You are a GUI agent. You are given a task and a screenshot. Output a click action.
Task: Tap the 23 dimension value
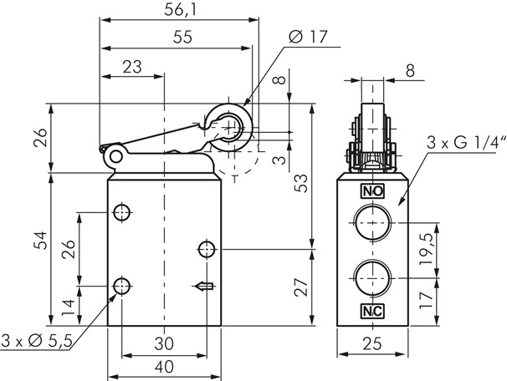click(x=131, y=66)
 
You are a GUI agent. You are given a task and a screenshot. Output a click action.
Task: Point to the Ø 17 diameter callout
click(x=306, y=37)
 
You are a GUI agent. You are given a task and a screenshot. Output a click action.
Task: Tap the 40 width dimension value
click(x=163, y=365)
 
